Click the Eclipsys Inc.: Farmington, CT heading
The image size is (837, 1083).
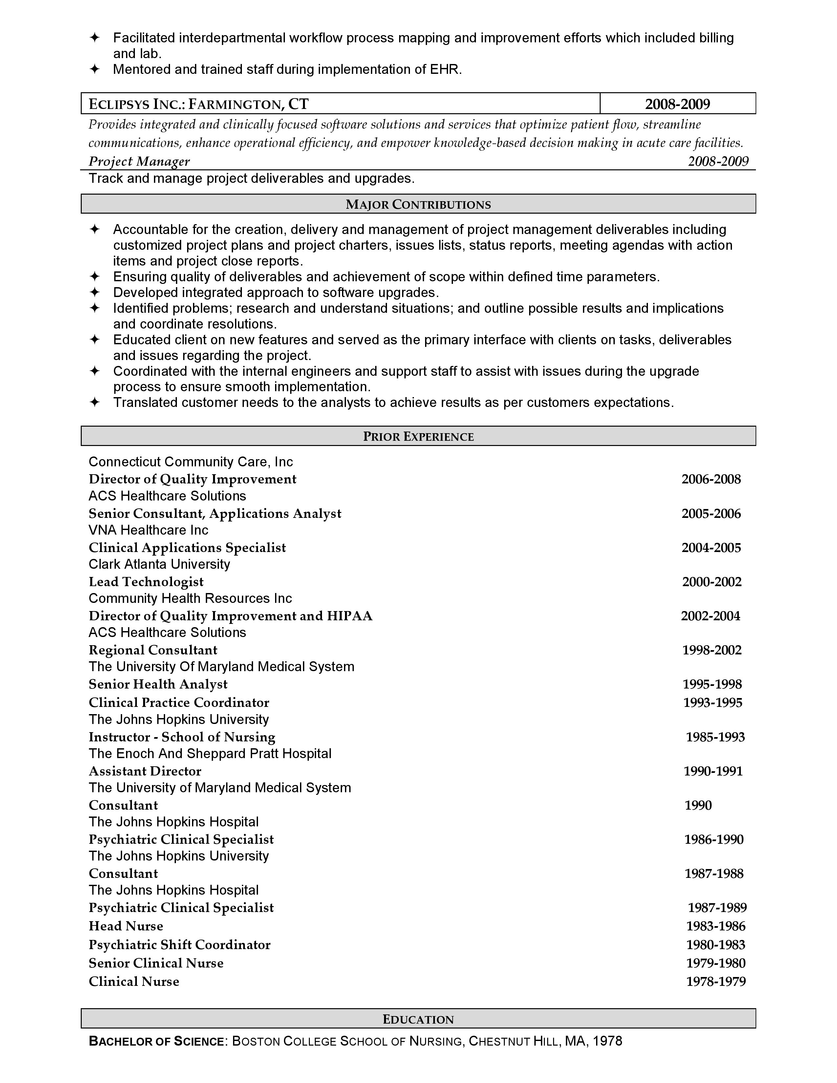(198, 104)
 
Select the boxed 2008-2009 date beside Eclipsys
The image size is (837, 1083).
(677, 104)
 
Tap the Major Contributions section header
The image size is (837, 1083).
(418, 204)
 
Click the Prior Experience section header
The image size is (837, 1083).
(418, 436)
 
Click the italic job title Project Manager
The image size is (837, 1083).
(139, 162)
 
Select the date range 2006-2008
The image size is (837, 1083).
(711, 479)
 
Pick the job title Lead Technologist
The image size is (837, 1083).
(146, 582)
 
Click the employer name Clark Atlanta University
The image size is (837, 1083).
(159, 564)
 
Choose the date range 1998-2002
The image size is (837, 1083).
(712, 650)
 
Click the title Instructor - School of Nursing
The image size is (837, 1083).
(182, 737)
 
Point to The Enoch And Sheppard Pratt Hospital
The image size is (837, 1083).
(210, 754)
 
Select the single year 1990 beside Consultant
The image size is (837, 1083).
(698, 805)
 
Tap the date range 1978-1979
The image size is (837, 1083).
(716, 982)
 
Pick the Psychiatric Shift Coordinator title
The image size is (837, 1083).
(180, 945)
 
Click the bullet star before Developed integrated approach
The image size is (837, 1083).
(94, 292)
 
